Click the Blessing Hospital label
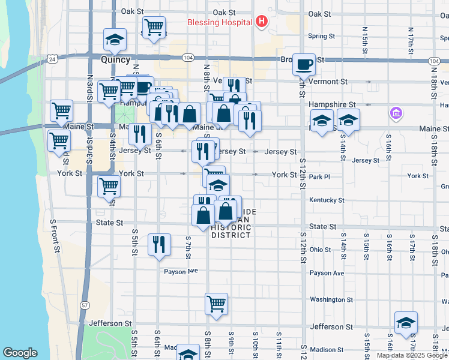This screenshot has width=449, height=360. coord(219,23)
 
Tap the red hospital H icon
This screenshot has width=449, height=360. coord(261,22)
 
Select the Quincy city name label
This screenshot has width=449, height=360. coord(115,60)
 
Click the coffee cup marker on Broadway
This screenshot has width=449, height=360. coord(304,64)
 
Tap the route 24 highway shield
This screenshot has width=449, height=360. coord(53,59)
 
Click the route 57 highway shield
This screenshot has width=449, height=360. coord(85,305)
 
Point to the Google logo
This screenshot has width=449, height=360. coord(20,353)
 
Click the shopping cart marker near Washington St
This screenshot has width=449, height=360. coord(216,303)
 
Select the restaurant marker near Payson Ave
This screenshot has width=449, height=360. coord(158,244)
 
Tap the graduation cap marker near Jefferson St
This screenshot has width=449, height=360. coord(406,323)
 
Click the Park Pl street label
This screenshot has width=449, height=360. coord(319,177)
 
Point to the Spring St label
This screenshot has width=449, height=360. coord(321,36)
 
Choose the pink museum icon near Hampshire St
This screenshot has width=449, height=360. coord(396,113)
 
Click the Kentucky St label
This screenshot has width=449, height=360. coord(327,200)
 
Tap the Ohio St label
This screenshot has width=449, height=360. coord(321,249)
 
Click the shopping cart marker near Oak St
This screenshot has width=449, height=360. coord(154,27)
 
